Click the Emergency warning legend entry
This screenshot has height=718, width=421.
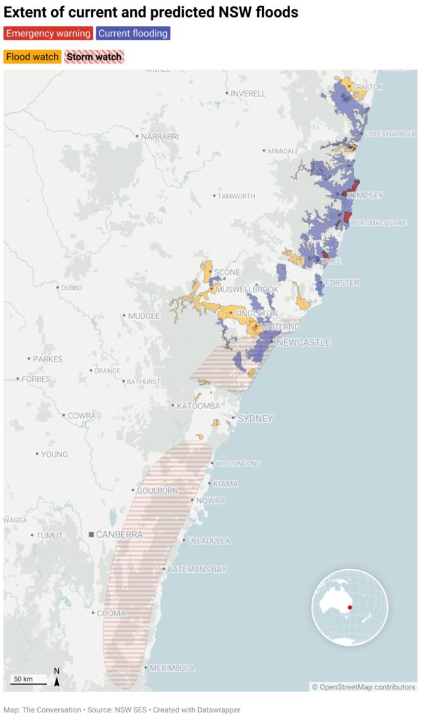tap(48, 33)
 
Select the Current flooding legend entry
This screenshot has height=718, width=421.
tap(133, 33)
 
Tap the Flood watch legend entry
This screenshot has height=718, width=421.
tap(32, 57)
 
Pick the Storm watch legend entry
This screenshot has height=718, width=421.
tap(94, 57)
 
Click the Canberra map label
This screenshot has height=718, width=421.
tap(119, 534)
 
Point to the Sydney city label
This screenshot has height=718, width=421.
tap(255, 419)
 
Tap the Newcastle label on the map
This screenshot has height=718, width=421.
tap(303, 342)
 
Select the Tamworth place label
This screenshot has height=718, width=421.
tap(236, 196)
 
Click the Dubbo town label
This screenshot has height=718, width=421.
tap(71, 287)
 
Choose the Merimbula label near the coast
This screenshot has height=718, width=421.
tap(171, 668)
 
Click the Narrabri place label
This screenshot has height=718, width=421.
tap(160, 136)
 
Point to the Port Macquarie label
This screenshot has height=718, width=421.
tap(378, 223)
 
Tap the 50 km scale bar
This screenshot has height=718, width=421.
tap(29, 679)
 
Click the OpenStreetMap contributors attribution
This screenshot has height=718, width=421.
tap(364, 687)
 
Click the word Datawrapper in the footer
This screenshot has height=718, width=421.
tap(215, 710)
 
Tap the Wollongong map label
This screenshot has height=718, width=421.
tap(238, 463)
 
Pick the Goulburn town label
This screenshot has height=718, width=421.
tap(158, 490)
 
